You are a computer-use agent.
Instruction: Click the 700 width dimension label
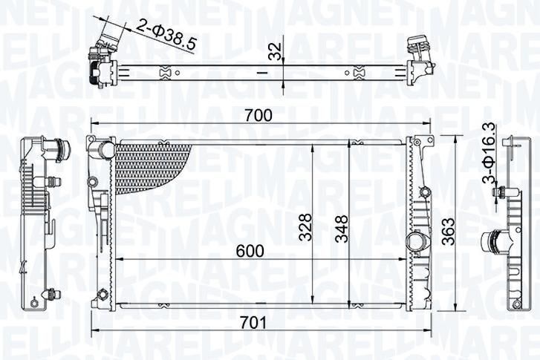258,116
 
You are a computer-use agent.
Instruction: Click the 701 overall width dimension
253,323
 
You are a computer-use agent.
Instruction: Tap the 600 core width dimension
250,251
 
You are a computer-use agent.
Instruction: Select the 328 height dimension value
305,227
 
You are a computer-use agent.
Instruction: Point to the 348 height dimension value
342,229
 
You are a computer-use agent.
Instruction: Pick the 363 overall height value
449,232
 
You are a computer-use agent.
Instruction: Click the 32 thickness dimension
276,51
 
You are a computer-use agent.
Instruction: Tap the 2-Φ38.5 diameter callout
166,34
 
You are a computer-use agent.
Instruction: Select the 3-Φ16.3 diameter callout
489,153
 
